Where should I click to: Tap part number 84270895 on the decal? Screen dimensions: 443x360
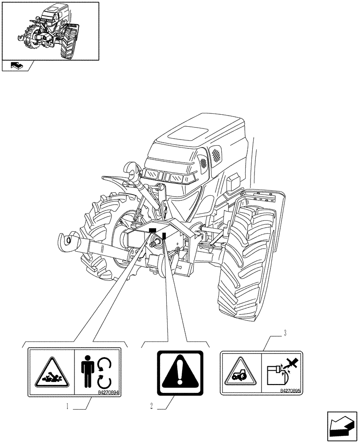click(x=290, y=391)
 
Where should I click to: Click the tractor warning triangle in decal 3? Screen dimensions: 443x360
click(x=240, y=373)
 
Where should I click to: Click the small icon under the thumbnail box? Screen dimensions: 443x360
click(x=16, y=66)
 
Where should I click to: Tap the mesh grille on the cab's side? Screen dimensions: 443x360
click(x=215, y=155)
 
